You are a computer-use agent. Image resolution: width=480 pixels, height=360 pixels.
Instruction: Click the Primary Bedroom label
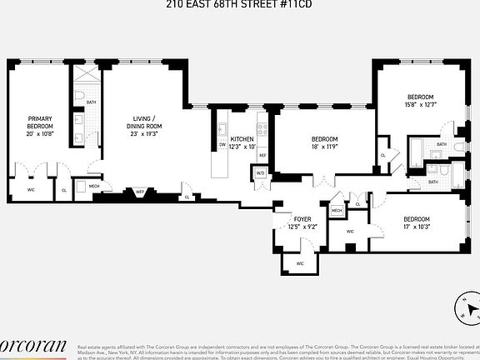(39, 122)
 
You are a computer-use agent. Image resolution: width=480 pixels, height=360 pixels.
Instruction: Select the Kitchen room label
(242, 138)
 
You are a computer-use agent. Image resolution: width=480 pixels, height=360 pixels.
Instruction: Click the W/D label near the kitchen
(260, 173)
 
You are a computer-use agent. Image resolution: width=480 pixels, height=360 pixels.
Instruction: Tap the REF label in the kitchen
(262, 156)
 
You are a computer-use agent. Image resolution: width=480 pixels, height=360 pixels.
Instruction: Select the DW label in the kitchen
(222, 143)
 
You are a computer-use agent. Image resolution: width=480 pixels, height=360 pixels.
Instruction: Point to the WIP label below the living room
(140, 192)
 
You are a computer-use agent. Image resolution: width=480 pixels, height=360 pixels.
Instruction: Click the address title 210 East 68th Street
(239, 4)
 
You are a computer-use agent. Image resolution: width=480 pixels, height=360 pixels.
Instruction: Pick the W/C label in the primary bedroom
(31, 189)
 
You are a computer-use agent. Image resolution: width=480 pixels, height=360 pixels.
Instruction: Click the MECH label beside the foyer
(337, 211)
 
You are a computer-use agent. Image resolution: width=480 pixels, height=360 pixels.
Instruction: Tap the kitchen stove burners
(262, 129)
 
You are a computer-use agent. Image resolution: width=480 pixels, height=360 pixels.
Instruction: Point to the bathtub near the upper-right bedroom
(416, 152)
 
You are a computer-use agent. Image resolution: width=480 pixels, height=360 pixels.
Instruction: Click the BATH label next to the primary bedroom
(90, 102)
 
